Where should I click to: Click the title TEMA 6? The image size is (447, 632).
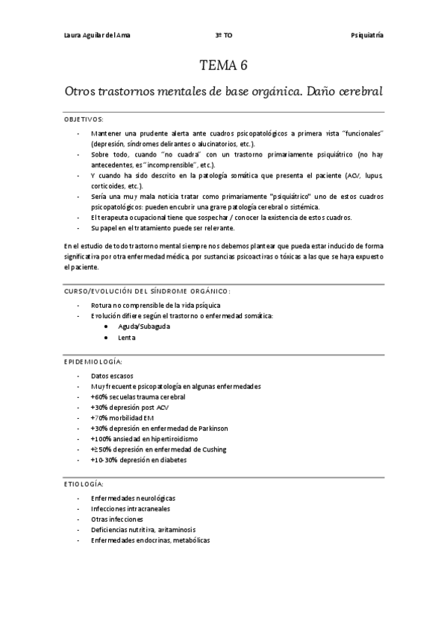[223, 66]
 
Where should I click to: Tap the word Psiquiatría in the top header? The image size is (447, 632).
[367, 35]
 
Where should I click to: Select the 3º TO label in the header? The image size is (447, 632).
[223, 35]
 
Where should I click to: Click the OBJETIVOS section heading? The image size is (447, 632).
[84, 119]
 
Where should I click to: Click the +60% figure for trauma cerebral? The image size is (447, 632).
[100, 396]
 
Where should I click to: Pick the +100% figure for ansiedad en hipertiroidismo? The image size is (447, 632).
[101, 439]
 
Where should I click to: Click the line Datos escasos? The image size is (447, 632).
[112, 376]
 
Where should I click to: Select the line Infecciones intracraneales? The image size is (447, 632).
[130, 508]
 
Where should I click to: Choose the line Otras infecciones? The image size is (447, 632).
[117, 519]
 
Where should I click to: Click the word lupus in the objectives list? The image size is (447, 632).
[372, 175]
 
